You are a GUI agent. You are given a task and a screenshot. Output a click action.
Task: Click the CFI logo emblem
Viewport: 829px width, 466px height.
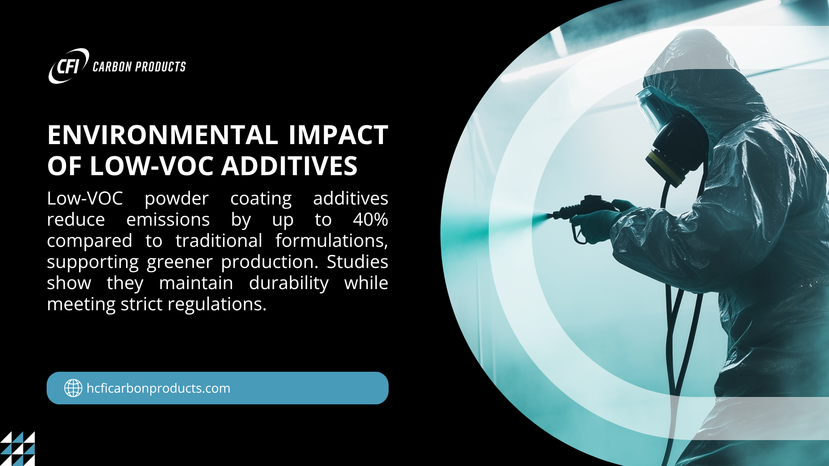point(69,66)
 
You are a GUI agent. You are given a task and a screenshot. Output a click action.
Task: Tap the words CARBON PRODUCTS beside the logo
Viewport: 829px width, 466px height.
point(139,67)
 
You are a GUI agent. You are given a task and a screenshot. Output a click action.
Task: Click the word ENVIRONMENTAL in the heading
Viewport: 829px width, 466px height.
point(163,135)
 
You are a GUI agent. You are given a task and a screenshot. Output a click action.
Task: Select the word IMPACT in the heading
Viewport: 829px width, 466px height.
point(339,135)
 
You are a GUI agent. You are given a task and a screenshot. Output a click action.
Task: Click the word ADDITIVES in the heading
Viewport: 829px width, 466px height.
point(289,166)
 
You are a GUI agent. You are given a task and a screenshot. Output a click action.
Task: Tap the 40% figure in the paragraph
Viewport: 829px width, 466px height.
point(370,220)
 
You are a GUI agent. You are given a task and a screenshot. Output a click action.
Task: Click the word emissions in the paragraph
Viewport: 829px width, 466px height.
point(168,220)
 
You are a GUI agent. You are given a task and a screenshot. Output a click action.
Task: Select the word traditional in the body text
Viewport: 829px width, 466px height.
point(219,241)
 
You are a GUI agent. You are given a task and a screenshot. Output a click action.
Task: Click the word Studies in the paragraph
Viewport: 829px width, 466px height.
point(358,261)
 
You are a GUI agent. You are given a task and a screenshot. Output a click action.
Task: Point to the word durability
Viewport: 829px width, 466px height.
point(289,283)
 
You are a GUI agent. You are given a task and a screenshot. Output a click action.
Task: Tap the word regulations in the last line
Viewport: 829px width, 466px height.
point(217,305)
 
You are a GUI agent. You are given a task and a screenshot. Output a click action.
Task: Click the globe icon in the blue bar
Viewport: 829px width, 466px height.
point(73,388)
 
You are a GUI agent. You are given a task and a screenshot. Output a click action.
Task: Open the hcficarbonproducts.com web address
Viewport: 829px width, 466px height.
point(158,388)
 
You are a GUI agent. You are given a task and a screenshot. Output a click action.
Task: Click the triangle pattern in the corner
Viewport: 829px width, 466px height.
point(17,449)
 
